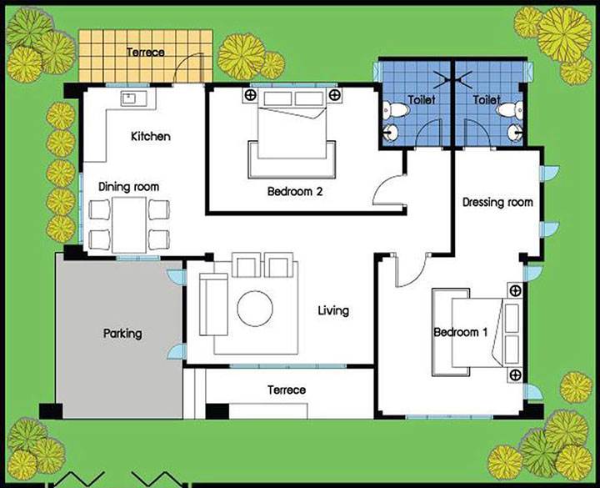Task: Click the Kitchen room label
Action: tap(150, 136)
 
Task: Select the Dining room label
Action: tap(128, 187)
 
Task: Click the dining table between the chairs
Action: tap(129, 225)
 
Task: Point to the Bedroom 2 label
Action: tap(295, 191)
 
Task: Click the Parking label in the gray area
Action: tap(122, 334)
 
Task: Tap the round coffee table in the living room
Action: tap(255, 309)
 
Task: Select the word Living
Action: tap(333, 310)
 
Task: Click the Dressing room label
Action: tap(497, 202)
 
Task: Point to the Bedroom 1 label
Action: tap(460, 332)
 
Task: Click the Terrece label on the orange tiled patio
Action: tap(145, 52)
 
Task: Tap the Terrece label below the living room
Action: tap(287, 390)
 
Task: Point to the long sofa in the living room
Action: tap(213, 304)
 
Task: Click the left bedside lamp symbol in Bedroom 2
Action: tap(251, 95)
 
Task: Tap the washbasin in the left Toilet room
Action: tap(391, 133)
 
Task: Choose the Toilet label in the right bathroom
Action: tap(487, 100)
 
